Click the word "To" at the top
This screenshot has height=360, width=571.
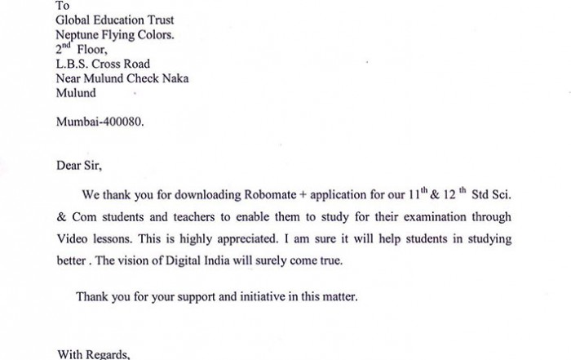tap(63, 7)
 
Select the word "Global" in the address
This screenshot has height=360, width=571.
tap(73, 20)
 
